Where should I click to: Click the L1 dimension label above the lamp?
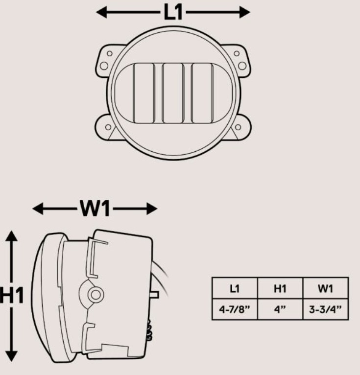coord(172,12)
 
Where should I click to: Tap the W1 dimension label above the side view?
coord(95,209)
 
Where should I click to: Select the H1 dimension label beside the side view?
coord(11,296)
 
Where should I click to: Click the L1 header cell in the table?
coord(235,289)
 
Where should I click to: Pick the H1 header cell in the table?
coord(280,289)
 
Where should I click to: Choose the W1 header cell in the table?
coord(325,289)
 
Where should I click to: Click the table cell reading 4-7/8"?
coord(235,310)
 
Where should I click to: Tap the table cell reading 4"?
coord(280,310)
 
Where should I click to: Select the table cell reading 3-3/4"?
coord(325,310)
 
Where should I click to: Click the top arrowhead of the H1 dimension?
coord(13,236)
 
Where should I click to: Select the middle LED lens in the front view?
coord(173,93)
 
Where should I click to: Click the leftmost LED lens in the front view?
coord(144,93)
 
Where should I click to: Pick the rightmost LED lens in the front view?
coord(202,93)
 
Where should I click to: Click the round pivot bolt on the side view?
coord(96,294)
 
